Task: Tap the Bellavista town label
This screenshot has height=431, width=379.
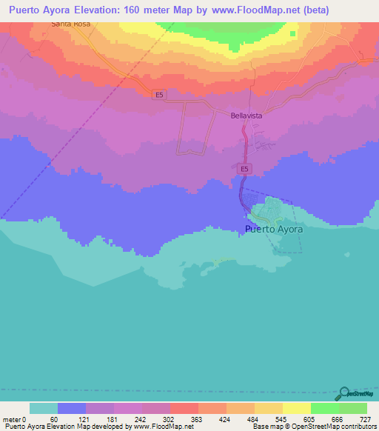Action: pyautogui.click(x=246, y=116)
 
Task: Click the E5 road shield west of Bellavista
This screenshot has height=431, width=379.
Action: pyautogui.click(x=159, y=94)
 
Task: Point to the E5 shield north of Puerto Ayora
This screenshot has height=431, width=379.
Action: pyautogui.click(x=244, y=170)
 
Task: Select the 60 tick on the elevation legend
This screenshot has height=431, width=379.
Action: pyautogui.click(x=53, y=419)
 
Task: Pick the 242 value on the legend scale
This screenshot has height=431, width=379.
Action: pyautogui.click(x=141, y=419)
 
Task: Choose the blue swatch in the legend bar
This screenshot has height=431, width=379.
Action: pyautogui.click(x=72, y=408)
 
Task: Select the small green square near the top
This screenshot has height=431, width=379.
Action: pyautogui.click(x=293, y=33)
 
